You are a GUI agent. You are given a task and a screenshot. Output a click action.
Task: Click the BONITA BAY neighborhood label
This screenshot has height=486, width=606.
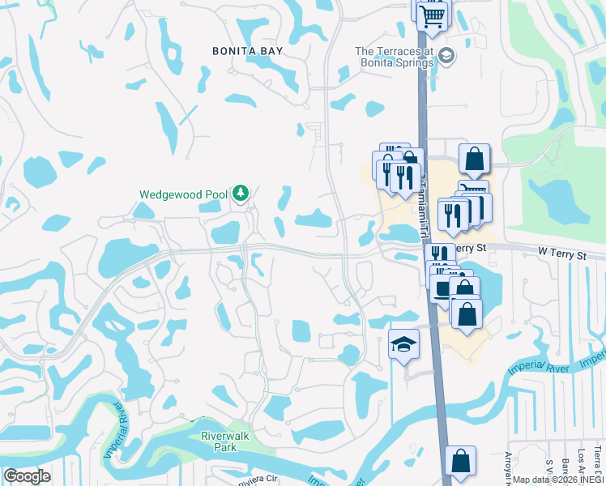pos(248,50)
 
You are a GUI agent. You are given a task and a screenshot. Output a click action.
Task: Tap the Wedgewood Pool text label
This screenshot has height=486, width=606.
pos(184,194)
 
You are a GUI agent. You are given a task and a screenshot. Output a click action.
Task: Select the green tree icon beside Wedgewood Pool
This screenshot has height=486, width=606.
pos(240,193)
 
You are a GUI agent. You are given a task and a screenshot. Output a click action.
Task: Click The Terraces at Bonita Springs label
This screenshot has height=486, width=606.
pos(395,57)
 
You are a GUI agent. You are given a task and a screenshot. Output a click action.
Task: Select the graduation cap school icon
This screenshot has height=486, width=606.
pos(403,345)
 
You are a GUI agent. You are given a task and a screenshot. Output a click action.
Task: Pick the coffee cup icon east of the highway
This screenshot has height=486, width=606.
pos(442,289)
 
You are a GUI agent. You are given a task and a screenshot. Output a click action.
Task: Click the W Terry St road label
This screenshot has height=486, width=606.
pos(561,254)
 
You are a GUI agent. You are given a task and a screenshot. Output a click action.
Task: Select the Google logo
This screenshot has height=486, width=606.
pos(26,476)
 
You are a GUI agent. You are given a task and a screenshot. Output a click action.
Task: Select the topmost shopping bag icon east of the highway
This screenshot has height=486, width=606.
pos(475,160)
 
